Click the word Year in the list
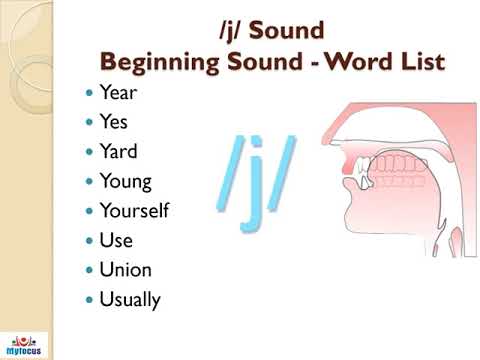(x=118, y=93)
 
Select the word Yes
(x=114, y=123)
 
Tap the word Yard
(x=118, y=152)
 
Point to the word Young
(x=125, y=182)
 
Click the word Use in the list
(x=116, y=240)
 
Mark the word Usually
(x=130, y=299)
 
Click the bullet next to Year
(x=90, y=94)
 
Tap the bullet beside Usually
(x=90, y=299)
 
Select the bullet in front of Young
(x=90, y=182)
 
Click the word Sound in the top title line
(x=290, y=31)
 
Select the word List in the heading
(x=423, y=62)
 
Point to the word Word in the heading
(x=362, y=62)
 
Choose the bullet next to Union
(x=90, y=270)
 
